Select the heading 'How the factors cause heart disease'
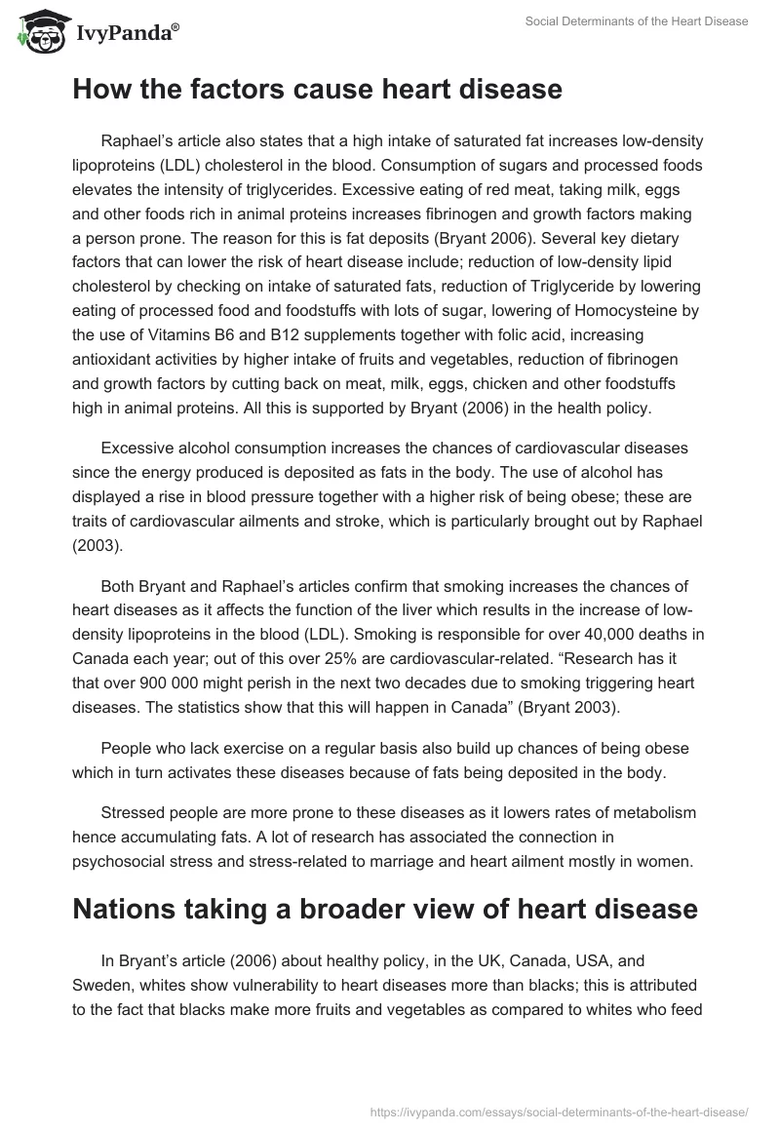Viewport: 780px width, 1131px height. [x=317, y=90]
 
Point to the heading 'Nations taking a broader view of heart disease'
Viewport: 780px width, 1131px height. [x=385, y=909]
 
